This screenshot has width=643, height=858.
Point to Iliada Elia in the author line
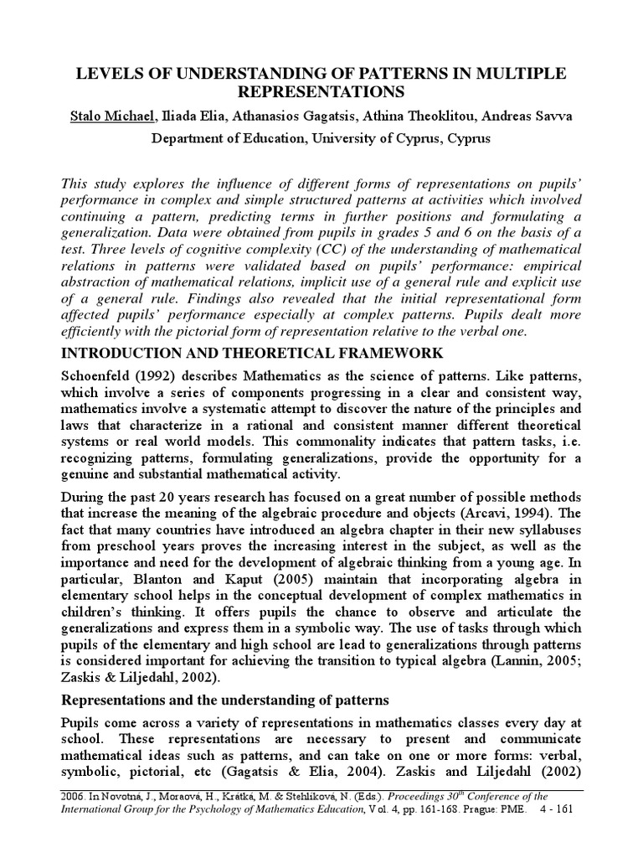pyautogui.click(x=194, y=115)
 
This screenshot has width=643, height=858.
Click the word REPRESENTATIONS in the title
pyautogui.click(x=321, y=92)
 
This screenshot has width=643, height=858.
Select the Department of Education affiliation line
pyautogui.click(x=321, y=138)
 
